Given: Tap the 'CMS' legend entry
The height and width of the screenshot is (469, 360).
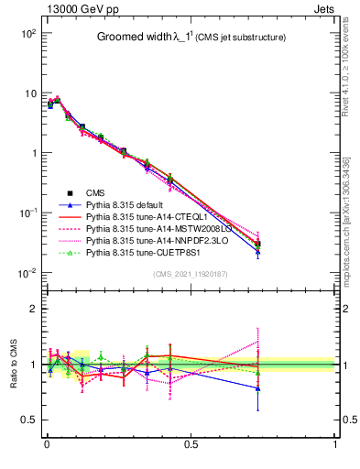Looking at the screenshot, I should [95, 192].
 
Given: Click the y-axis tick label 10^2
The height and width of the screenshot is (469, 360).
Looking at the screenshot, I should [27, 34].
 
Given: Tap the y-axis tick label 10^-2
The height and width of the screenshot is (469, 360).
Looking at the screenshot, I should [27, 273].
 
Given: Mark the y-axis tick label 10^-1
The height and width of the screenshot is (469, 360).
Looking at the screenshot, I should [27, 213].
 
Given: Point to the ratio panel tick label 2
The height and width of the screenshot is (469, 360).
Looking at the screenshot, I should [32, 309].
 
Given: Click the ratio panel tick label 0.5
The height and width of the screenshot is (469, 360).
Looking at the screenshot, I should [27, 420].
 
